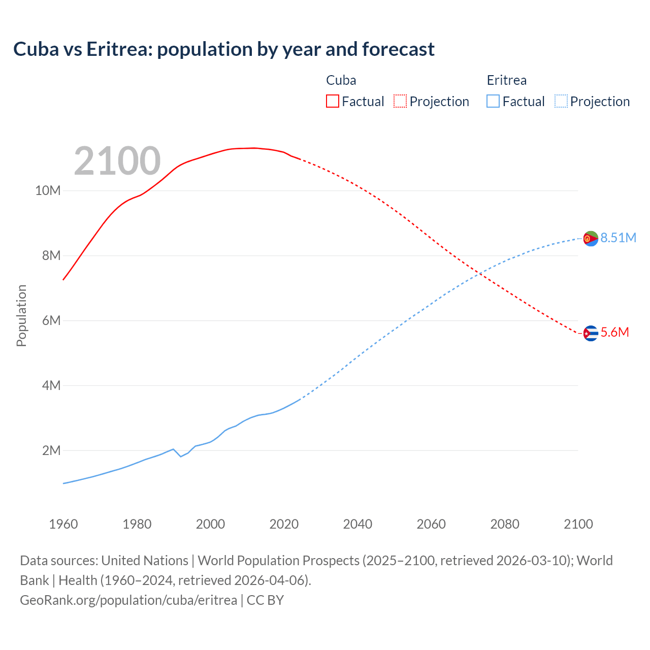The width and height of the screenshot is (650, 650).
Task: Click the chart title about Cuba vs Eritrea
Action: click(224, 49)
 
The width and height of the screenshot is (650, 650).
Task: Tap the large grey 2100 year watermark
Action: click(117, 161)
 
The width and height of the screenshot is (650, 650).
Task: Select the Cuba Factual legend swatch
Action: click(332, 101)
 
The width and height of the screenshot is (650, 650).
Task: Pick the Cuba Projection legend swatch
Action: click(400, 101)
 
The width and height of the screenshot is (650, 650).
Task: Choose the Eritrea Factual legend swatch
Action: click(493, 101)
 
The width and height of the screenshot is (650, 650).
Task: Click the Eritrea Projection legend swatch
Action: click(561, 101)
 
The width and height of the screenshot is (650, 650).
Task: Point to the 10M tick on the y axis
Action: click(48, 191)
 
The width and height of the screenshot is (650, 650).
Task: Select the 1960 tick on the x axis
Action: click(63, 524)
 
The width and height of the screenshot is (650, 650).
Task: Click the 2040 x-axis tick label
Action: click(357, 524)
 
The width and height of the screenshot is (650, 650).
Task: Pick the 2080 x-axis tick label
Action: click(505, 524)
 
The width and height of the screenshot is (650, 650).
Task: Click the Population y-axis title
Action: click(21, 315)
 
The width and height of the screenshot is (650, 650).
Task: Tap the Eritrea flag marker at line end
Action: click(591, 238)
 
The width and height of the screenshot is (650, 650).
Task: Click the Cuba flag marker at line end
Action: click(591, 333)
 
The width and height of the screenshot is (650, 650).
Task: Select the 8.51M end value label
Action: click(618, 238)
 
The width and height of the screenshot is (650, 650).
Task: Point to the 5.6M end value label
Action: click(614, 333)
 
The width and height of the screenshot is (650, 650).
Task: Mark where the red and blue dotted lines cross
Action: click(479, 274)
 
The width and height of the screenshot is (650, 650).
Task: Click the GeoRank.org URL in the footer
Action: click(128, 600)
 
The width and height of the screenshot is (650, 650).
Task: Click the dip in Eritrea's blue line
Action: click(181, 456)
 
